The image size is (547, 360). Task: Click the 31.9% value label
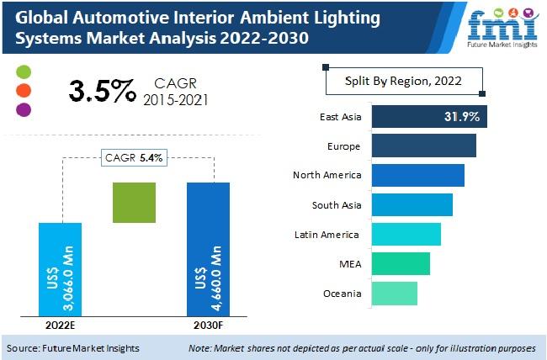[x=462, y=117]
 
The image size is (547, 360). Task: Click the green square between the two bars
[x=135, y=203]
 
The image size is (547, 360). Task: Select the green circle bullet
[x=24, y=72]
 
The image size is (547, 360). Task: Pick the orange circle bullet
[x=24, y=91]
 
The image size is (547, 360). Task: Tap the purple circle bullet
[x=24, y=109]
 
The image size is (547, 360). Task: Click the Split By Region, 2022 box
[x=403, y=82]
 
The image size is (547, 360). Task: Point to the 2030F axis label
[x=207, y=327]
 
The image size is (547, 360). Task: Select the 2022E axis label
[x=60, y=327]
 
